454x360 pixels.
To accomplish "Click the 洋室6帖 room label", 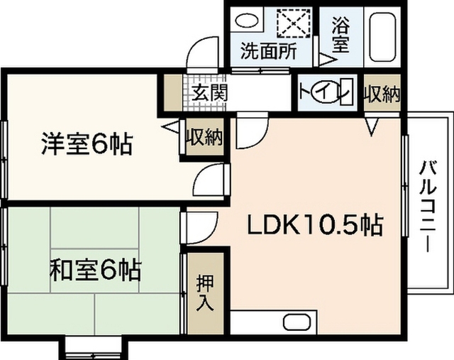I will click(x=86, y=145).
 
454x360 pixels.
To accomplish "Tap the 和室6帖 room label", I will click(x=94, y=270).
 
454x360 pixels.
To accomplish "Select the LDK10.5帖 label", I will click(x=314, y=226).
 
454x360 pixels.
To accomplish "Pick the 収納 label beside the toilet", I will click(x=382, y=94).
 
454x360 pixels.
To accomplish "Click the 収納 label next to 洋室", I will click(x=204, y=137).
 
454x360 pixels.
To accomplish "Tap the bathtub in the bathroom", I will click(x=384, y=35).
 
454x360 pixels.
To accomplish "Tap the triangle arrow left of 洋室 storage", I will click(x=171, y=129).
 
